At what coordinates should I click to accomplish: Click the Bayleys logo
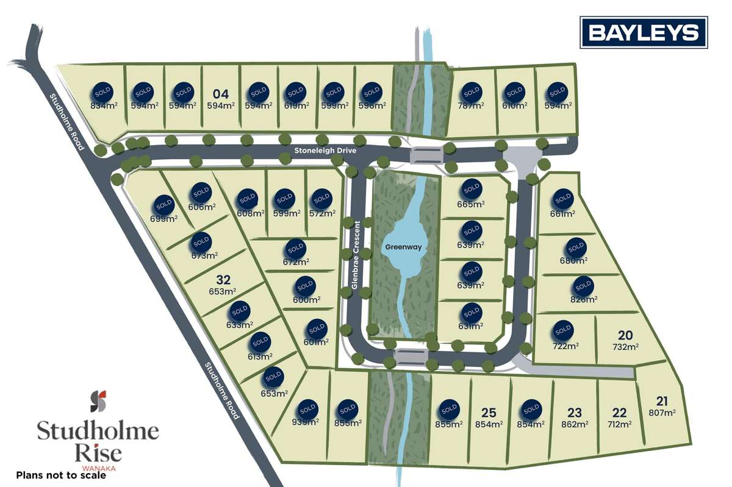pos(644,32)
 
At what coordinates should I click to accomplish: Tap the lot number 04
pos(221,94)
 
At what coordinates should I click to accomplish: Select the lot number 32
pos(223,280)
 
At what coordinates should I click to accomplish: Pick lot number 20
pos(625,335)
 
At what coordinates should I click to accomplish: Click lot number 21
pos(662,401)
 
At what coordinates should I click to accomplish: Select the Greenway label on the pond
pos(403,247)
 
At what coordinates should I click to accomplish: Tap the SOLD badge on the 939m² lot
pos(307,408)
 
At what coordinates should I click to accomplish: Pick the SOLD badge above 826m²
pos(583,285)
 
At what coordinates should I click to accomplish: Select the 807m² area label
pos(662,413)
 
